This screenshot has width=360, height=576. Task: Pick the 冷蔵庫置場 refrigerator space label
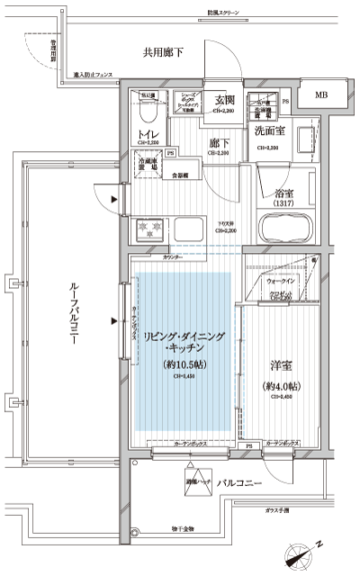[x=148, y=164]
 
